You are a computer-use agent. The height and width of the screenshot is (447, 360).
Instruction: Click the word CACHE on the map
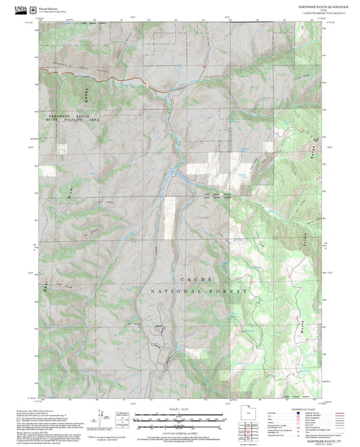pyautogui.click(x=196, y=279)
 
